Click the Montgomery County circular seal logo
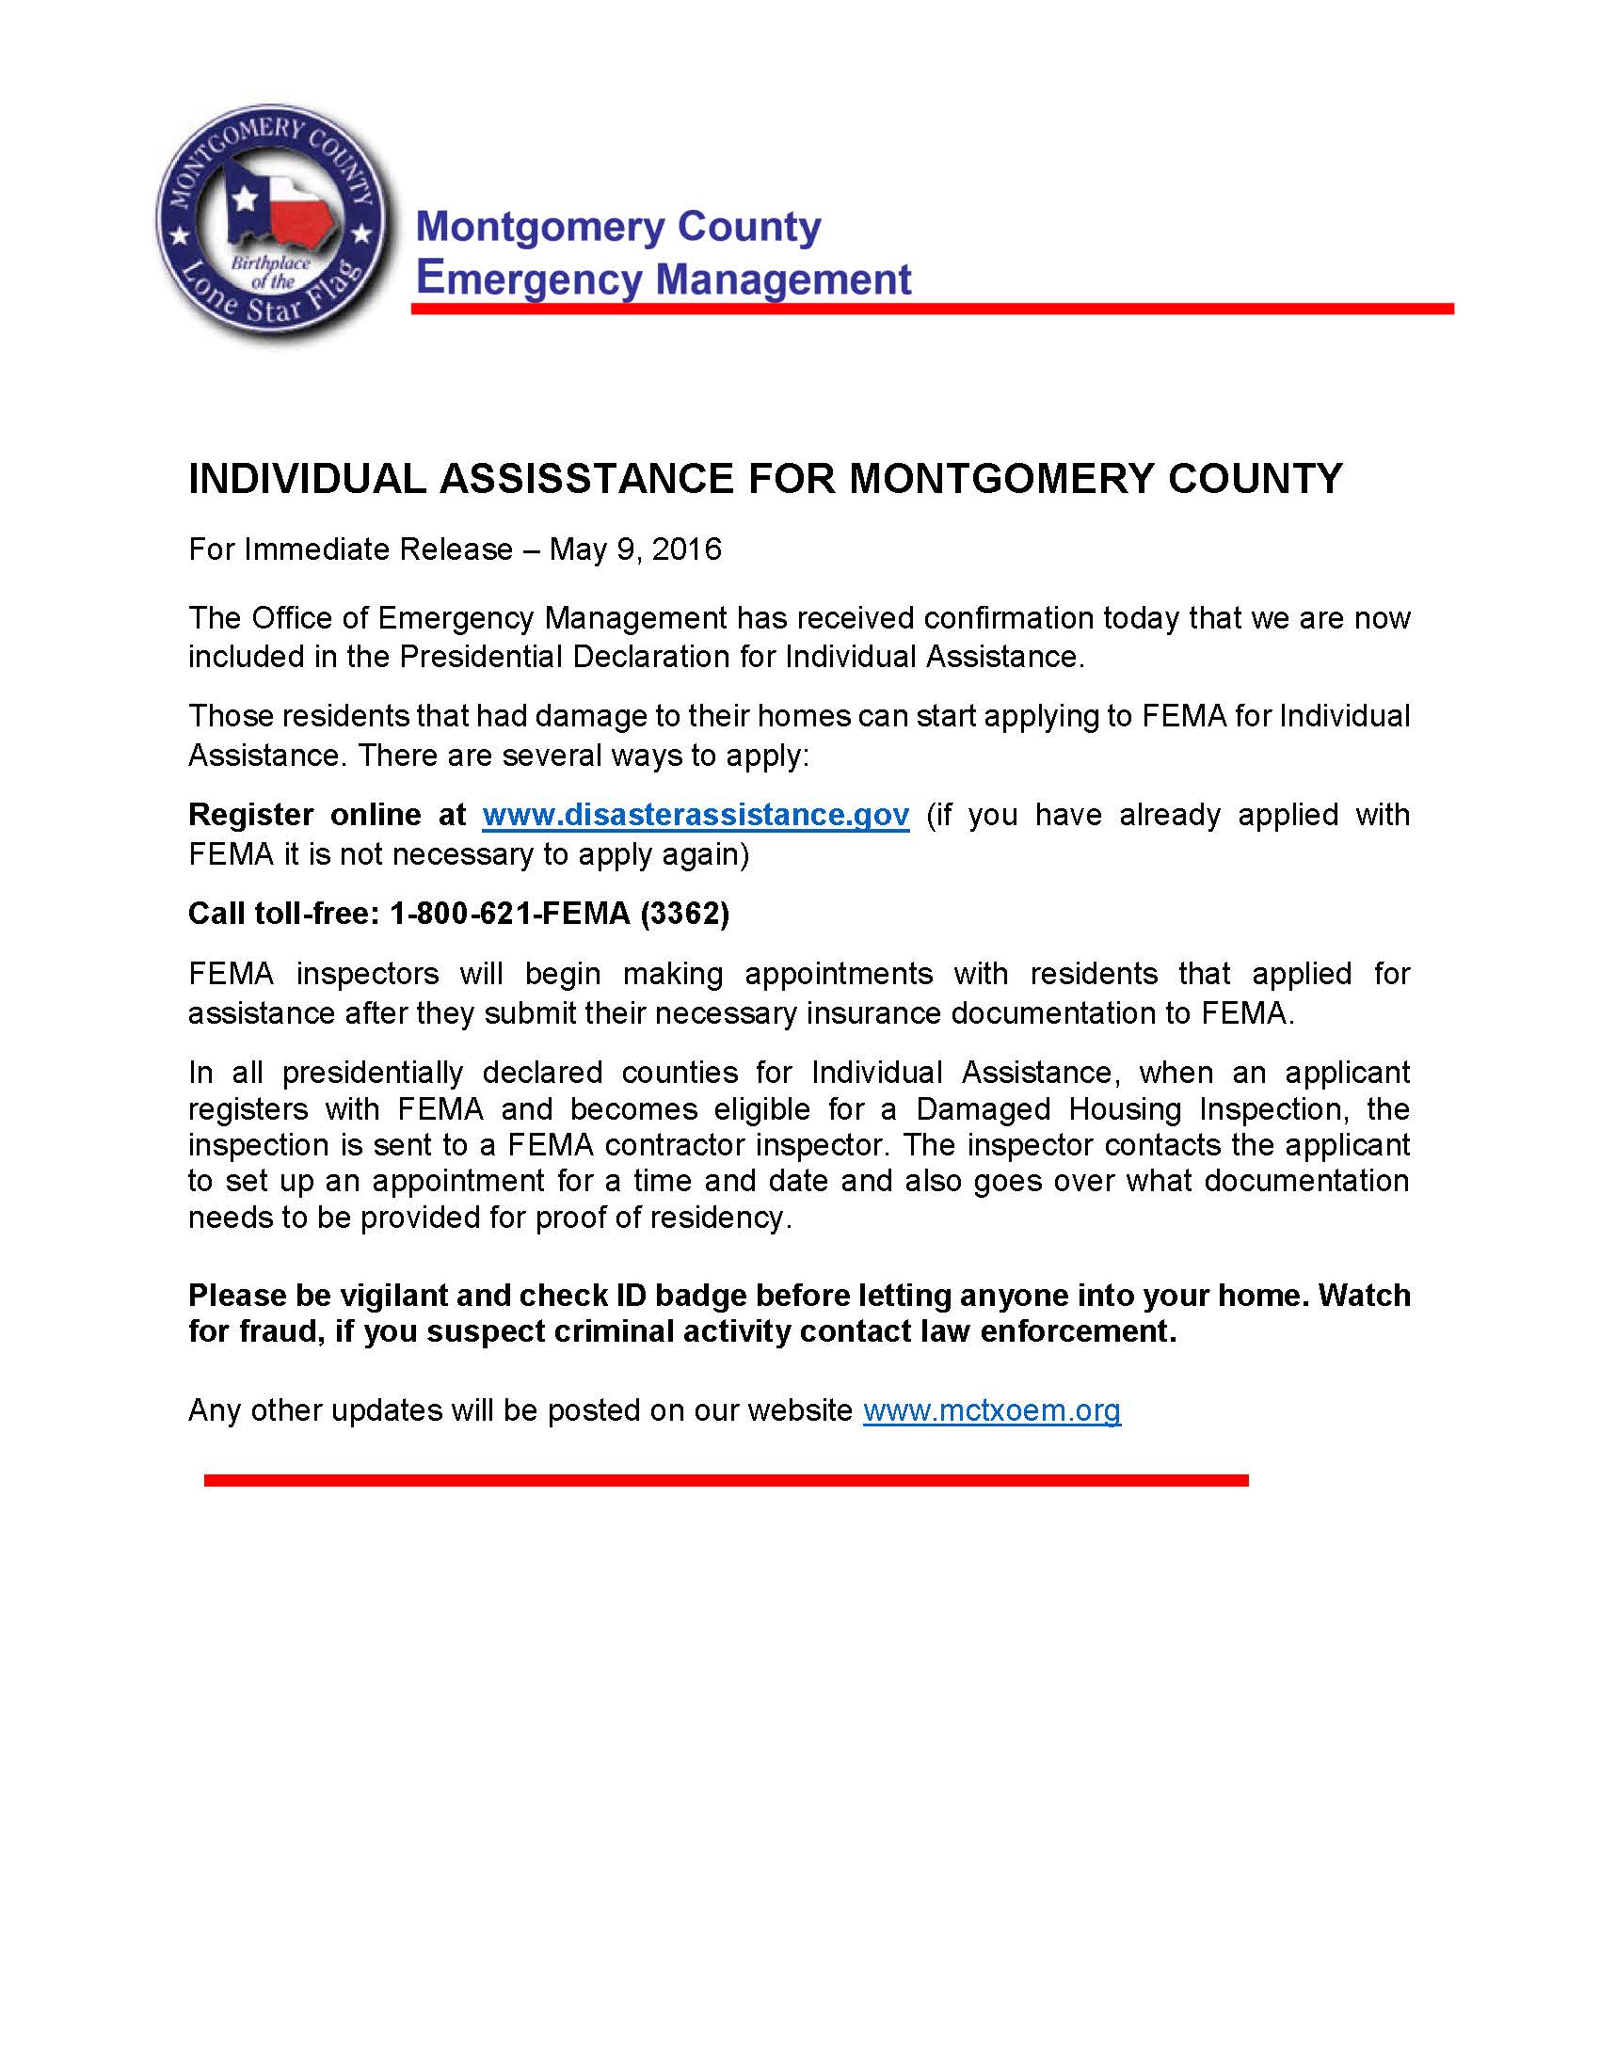pos(272,225)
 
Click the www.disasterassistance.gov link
pos(695,815)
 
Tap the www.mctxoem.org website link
pos(991,1410)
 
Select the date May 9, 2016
pos(635,549)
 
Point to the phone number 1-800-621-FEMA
pos(510,914)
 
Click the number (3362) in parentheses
pos(684,914)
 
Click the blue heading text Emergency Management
pos(664,279)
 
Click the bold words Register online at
pos(327,815)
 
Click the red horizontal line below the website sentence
pos(725,1479)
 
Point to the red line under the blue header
pos(932,309)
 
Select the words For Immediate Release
pos(351,549)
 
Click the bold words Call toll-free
pos(283,914)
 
